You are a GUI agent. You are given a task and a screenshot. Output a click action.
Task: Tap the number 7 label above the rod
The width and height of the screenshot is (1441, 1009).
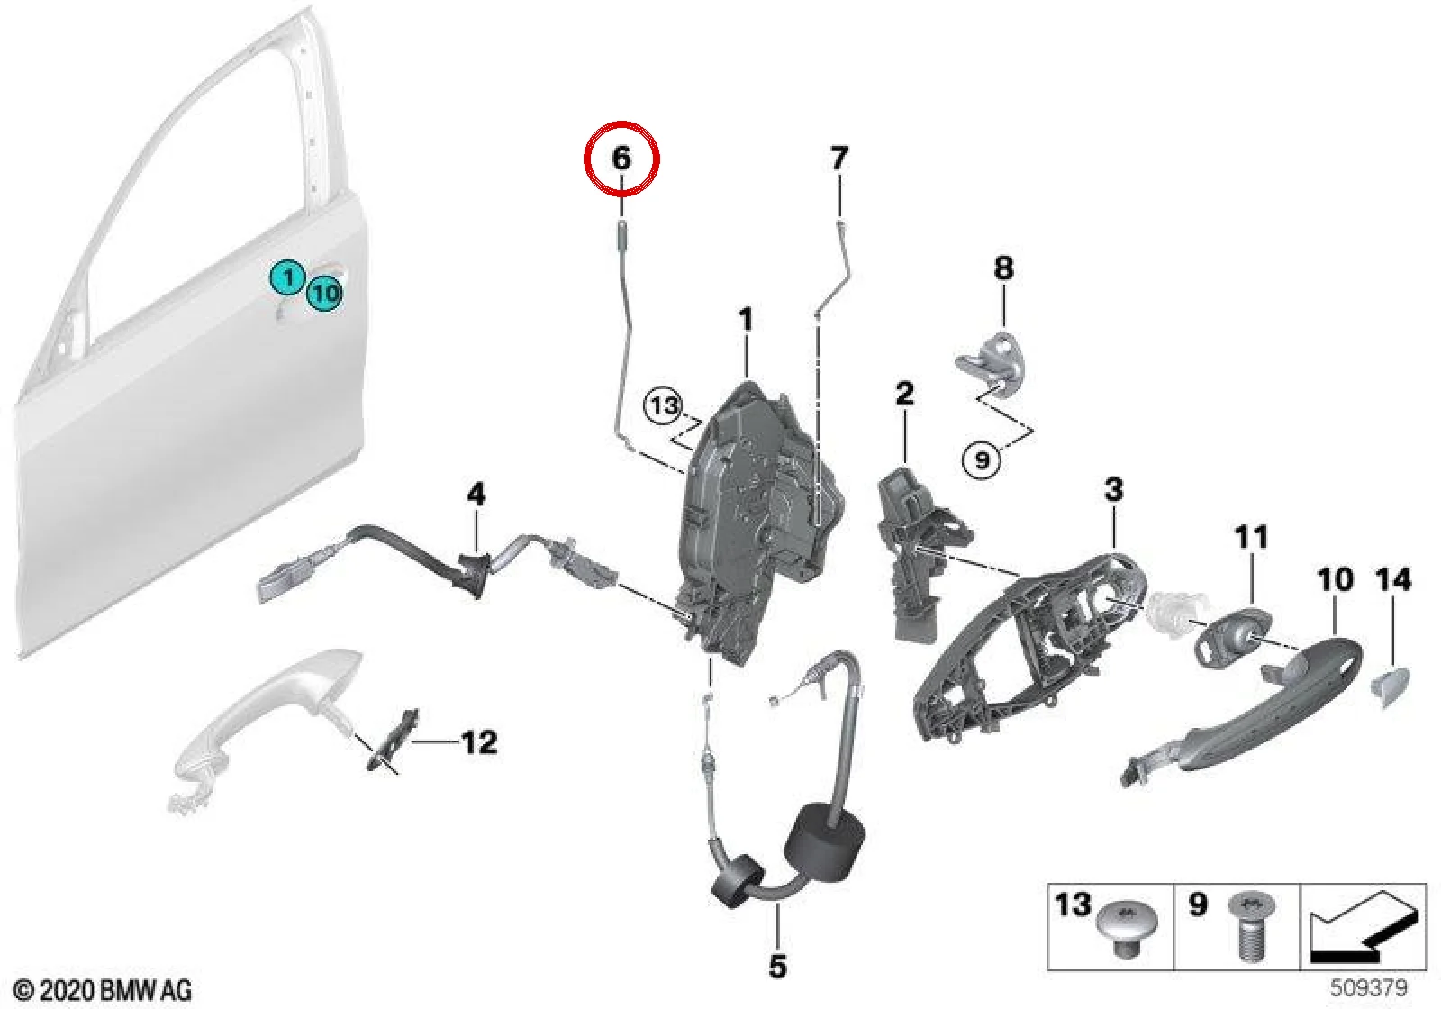coord(838,159)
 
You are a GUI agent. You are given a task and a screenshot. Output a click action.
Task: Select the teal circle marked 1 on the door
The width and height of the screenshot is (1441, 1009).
coord(288,278)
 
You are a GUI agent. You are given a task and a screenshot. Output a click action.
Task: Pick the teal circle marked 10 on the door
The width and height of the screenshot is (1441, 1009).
coord(325,294)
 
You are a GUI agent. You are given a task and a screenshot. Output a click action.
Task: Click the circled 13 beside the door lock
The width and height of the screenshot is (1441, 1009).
coord(664,406)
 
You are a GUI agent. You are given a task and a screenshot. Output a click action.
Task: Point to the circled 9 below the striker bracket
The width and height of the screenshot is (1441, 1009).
coord(982,460)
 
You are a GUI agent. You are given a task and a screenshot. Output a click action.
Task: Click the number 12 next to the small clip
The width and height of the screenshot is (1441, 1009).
coord(480,742)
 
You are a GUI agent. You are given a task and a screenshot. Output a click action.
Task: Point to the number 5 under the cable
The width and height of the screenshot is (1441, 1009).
coord(777,965)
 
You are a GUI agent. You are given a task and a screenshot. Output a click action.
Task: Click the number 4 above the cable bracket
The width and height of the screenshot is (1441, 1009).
coord(476,495)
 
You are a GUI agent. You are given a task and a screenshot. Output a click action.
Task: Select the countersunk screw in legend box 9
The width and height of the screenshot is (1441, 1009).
coord(1251,933)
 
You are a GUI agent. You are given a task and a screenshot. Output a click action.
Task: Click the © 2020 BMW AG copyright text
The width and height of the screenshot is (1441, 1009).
coord(103,990)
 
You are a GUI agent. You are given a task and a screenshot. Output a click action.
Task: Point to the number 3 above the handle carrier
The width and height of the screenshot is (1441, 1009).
coord(1113,489)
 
